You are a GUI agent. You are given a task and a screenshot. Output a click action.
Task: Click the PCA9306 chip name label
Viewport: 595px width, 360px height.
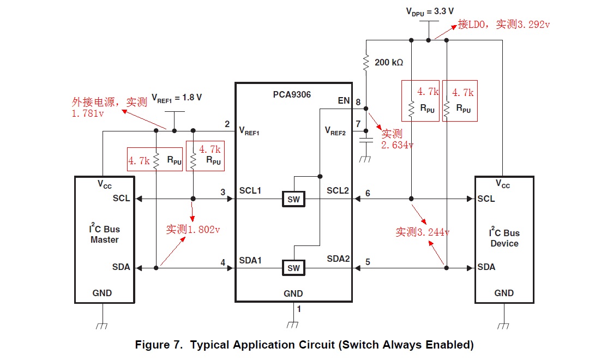coord(292,95)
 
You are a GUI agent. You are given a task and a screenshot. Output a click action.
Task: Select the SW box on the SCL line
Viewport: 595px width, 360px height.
coord(293,199)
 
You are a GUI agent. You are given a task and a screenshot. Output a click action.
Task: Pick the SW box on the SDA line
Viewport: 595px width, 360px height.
coord(293,268)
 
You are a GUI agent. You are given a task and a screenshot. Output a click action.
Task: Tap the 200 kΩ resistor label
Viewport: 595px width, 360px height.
coord(389,63)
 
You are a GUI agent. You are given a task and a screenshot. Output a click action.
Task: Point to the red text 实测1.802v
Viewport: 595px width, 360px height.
coord(193,230)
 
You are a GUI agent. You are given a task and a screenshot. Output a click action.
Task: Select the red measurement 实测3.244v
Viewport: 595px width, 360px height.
coord(423,232)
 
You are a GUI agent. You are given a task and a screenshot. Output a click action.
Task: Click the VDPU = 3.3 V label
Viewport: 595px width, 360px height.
coord(430,11)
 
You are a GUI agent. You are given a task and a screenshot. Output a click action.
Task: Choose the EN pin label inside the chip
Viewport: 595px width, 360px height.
coord(344,101)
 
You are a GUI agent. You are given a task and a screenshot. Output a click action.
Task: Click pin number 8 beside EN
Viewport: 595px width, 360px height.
coord(358,102)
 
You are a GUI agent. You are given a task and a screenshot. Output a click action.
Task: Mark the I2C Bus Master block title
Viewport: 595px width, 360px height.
coord(104,235)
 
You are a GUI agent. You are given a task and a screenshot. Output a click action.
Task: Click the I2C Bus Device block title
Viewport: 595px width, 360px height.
coord(504,238)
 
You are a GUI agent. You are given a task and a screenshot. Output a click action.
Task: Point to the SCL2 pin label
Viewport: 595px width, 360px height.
coord(338,190)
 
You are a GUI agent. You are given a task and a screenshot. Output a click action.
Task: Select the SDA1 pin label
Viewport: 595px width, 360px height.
coord(250,260)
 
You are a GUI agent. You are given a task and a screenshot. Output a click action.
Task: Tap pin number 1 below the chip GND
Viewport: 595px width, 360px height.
coord(298,309)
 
